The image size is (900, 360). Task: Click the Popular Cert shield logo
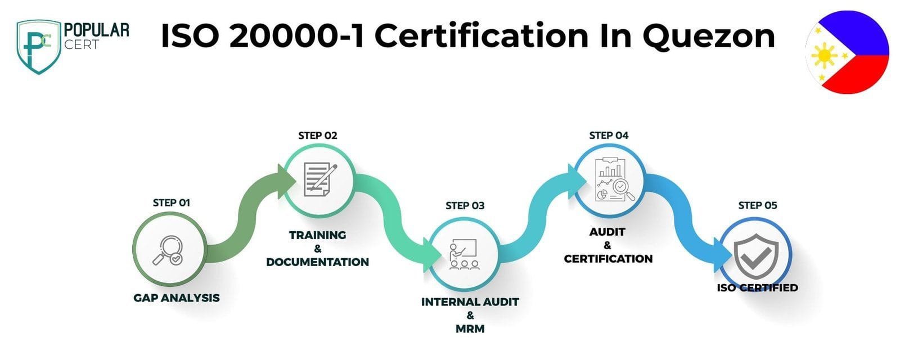(x=39, y=47)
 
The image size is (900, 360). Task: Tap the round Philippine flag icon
(x=847, y=52)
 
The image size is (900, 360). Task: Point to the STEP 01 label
(x=171, y=203)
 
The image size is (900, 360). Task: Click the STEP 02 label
(x=317, y=136)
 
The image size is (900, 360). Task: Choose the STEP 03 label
(x=465, y=206)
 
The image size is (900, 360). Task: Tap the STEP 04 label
(x=608, y=136)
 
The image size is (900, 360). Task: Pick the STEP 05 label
(x=757, y=206)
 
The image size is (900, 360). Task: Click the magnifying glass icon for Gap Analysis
(x=168, y=250)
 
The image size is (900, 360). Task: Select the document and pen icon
(x=320, y=179)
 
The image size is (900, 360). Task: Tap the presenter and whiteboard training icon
(x=464, y=254)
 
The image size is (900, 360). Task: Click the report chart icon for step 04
(x=614, y=179)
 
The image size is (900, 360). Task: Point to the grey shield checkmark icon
(x=755, y=256)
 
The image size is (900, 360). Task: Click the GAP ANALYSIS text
(x=177, y=298)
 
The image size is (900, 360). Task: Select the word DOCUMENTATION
(x=317, y=262)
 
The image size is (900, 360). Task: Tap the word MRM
(x=470, y=329)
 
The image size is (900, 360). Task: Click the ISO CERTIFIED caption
(x=757, y=288)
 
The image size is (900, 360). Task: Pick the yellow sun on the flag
(x=825, y=56)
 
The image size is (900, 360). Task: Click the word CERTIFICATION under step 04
(x=608, y=259)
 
